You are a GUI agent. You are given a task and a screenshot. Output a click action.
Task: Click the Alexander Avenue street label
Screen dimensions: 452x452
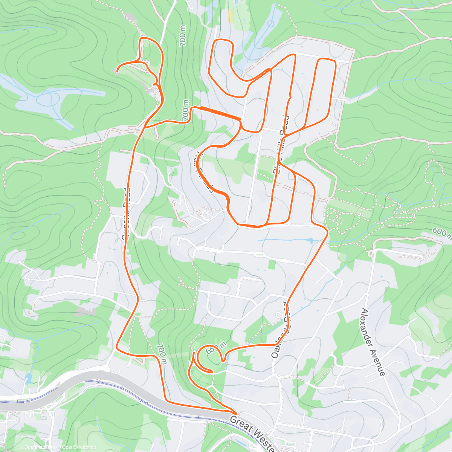click(373, 342)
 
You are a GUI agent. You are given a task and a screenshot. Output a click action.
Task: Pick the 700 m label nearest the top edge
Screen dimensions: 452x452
click(183, 36)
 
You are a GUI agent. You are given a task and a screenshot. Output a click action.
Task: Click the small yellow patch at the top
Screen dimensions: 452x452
click(231, 15)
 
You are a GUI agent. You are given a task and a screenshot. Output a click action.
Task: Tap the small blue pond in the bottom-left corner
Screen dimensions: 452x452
click(28, 378)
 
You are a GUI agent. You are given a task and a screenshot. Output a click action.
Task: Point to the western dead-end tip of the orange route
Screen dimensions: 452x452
click(117, 70)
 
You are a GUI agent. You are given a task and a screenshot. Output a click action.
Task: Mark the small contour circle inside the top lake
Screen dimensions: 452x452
click(270, 23)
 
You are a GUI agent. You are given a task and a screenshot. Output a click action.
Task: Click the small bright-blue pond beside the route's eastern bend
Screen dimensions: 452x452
click(309, 240)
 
